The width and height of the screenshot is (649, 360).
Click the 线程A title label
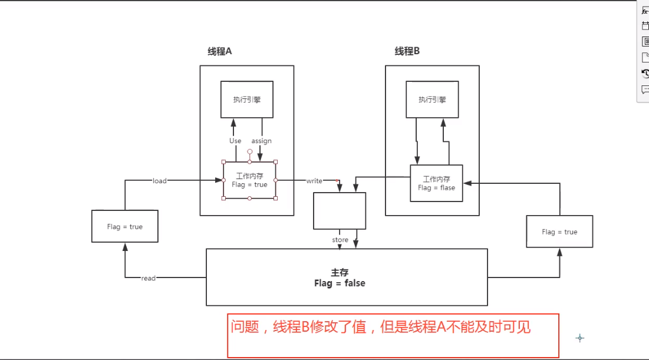[x=220, y=51]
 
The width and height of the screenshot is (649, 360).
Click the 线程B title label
[x=407, y=51]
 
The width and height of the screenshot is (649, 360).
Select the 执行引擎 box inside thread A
[x=247, y=100]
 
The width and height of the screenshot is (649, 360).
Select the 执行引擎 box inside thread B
[x=432, y=100]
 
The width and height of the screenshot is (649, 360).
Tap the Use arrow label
[x=235, y=141]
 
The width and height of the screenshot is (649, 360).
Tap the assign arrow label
[x=262, y=141]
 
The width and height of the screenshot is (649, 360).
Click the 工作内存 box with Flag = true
[x=249, y=180]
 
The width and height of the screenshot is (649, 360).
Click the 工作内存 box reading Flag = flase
[x=436, y=183]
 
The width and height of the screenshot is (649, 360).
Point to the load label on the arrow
[x=160, y=181]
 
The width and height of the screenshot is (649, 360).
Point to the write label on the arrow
[x=314, y=181]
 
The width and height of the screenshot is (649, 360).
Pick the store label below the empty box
[x=340, y=240]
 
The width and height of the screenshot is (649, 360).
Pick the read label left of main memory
[x=149, y=278]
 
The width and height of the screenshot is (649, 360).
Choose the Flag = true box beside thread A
[x=125, y=226]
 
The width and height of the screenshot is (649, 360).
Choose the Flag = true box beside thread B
[x=559, y=232]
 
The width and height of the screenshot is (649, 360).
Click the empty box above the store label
[x=340, y=210]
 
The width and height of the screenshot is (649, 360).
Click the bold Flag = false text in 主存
[x=340, y=283]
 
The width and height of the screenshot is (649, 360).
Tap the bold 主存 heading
[x=340, y=273]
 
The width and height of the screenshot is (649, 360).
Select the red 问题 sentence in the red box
[x=380, y=327]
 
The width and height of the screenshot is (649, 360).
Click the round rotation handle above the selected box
[x=249, y=151]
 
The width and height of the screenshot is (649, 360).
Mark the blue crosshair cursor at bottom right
[x=579, y=338]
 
